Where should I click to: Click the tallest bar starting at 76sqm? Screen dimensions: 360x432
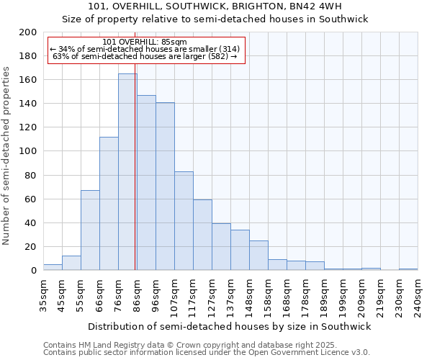(127, 173)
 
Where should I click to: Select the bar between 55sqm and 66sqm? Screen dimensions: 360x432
(90, 230)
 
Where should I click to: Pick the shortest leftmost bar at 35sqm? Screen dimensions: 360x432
(53, 267)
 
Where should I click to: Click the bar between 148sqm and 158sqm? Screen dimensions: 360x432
(258, 256)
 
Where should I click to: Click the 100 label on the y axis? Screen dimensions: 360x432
(28, 151)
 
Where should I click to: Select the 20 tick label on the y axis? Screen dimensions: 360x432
(31, 247)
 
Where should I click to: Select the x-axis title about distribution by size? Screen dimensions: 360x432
(230, 327)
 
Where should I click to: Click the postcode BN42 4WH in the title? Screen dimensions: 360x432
(321, 6)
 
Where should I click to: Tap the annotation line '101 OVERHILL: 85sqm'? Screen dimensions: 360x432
(145, 42)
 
